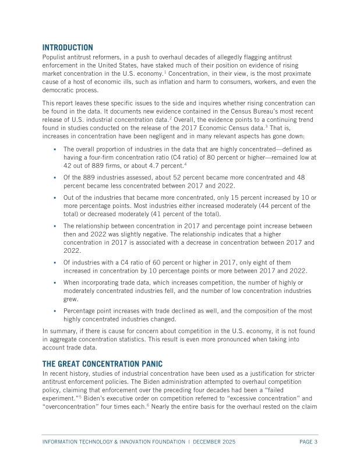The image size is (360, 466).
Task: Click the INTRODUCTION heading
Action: [68, 47]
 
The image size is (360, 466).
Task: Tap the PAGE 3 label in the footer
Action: [308, 442]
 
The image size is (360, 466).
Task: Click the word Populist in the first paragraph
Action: [55, 57]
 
